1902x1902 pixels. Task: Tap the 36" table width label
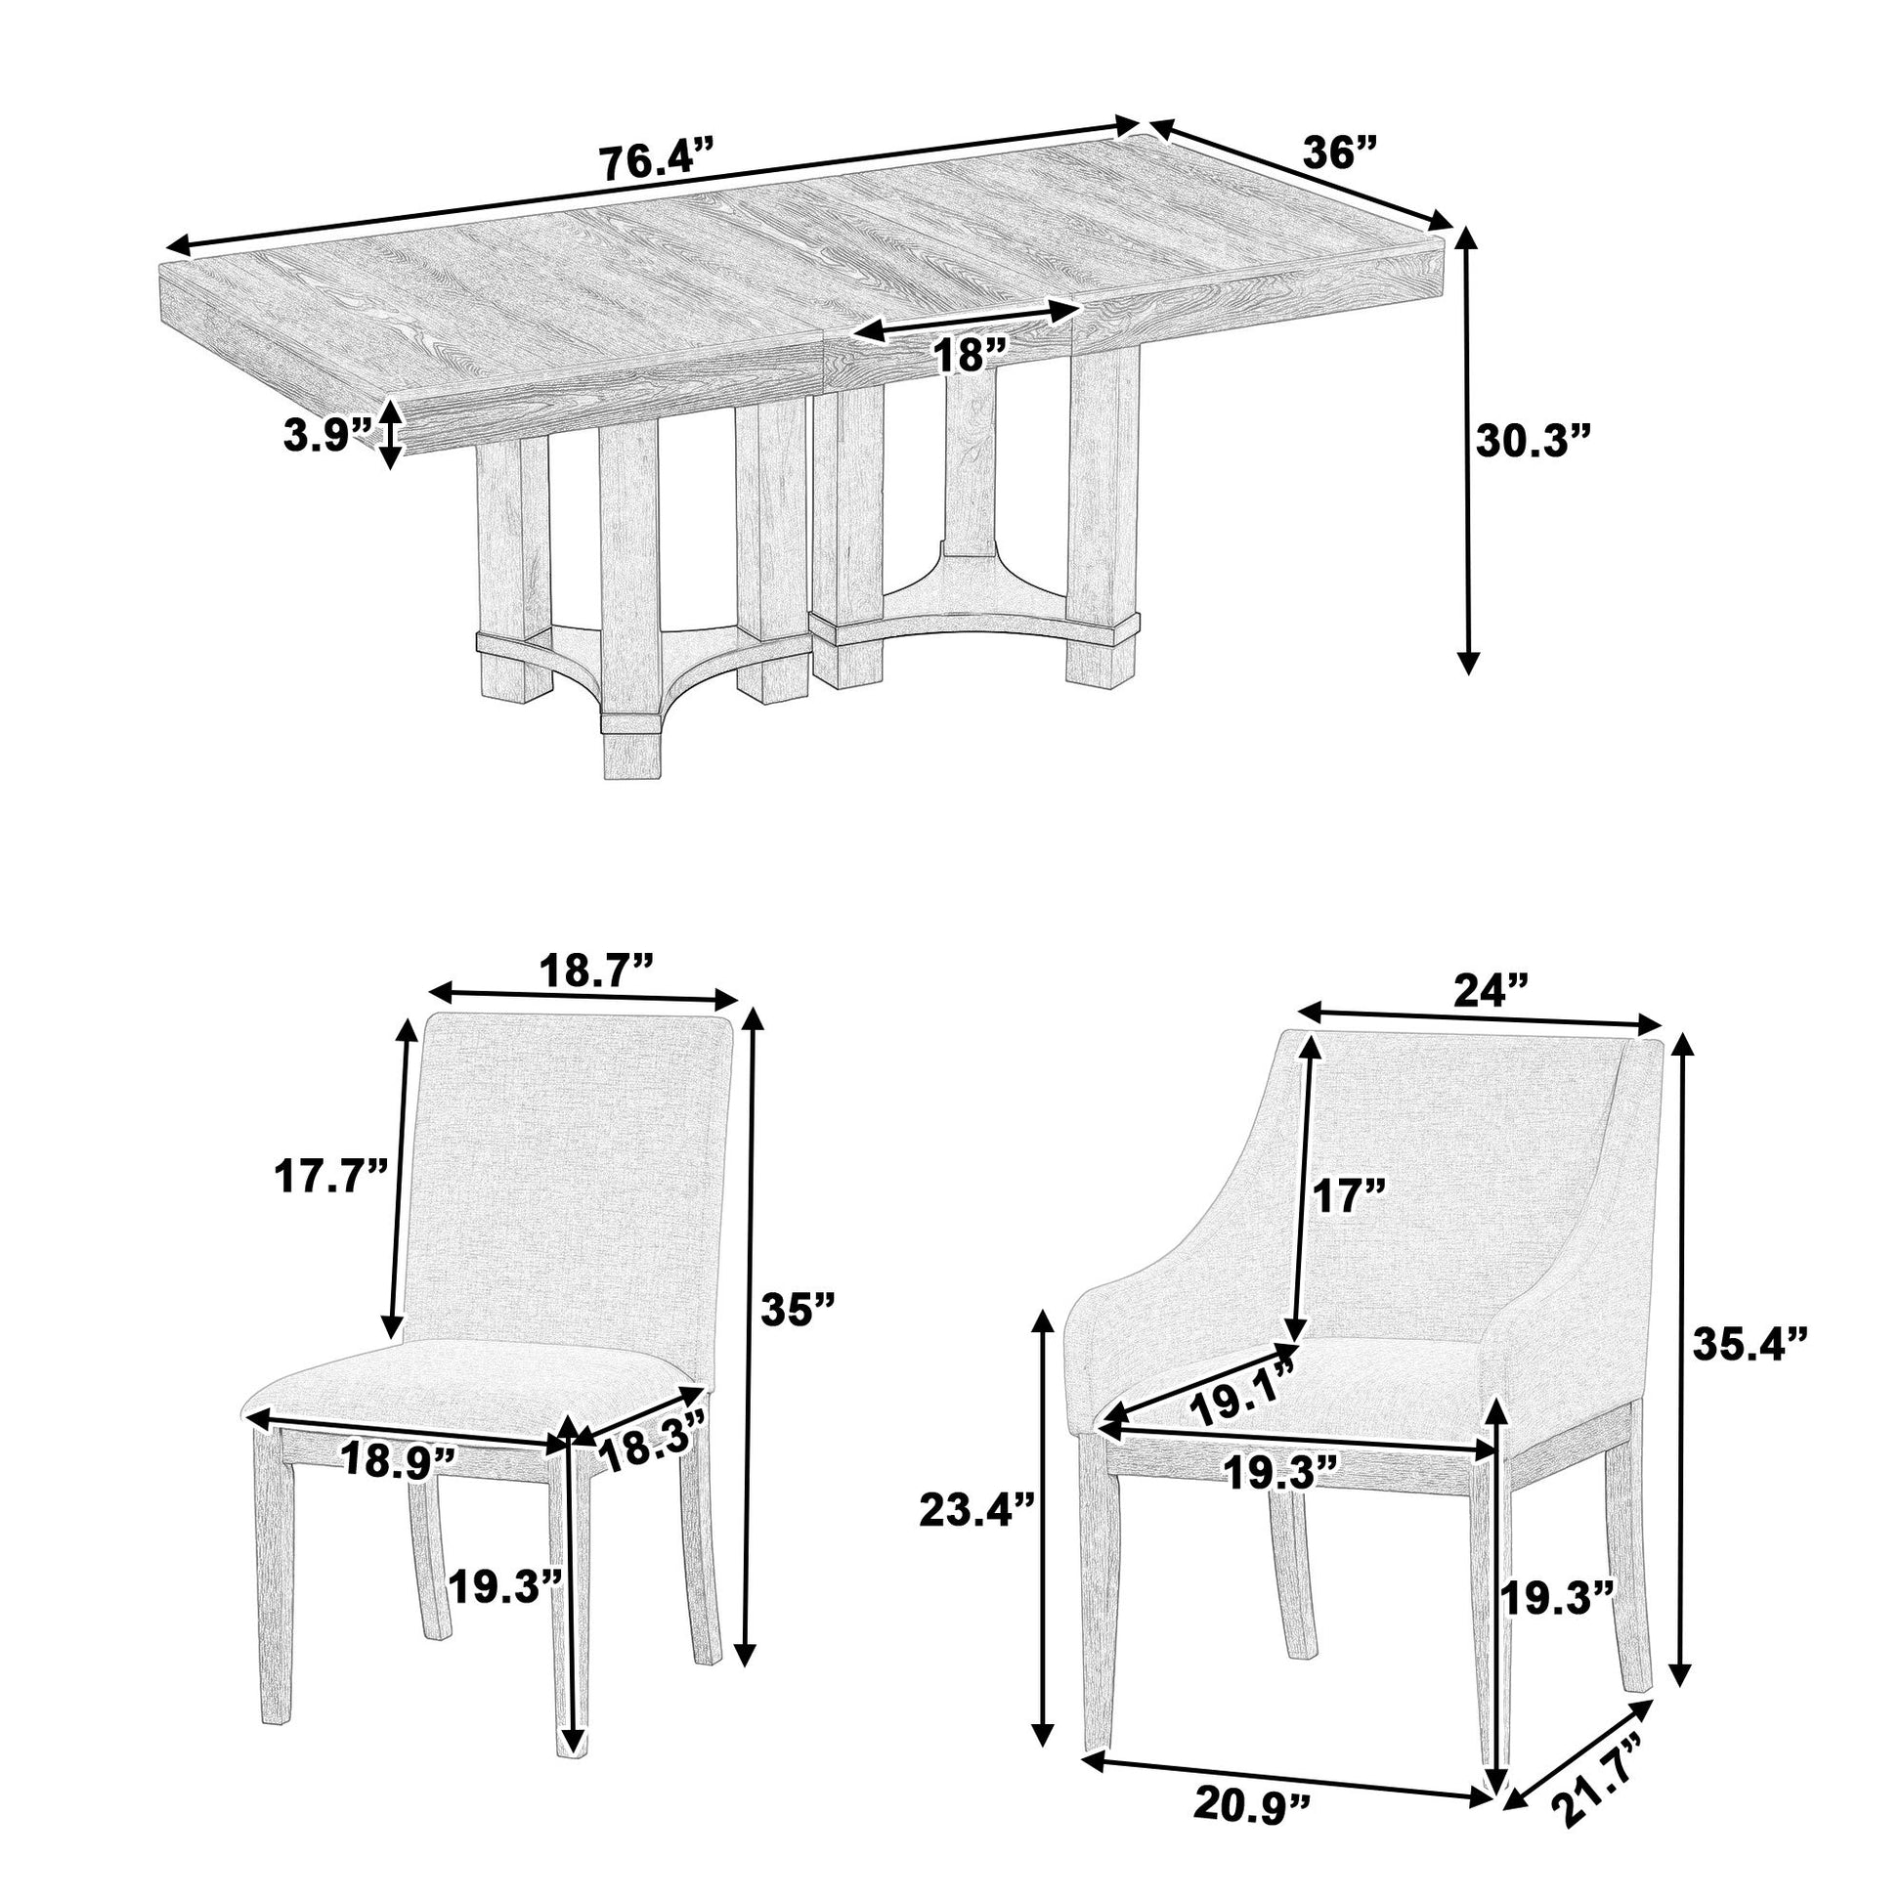[x=1339, y=152]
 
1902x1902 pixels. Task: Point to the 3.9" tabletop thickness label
[x=326, y=434]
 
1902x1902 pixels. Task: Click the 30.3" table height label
[x=1534, y=442]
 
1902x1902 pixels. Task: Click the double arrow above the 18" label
[x=968, y=322]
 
